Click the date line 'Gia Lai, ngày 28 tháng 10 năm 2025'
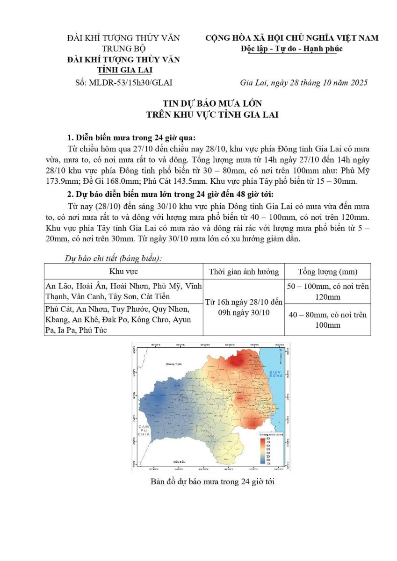303,83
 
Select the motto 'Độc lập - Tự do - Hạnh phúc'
292,49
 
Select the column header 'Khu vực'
123,271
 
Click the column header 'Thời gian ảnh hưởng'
244,272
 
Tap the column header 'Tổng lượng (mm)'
327,272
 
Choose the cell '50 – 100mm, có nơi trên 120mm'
327,291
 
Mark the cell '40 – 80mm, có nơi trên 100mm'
327,319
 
